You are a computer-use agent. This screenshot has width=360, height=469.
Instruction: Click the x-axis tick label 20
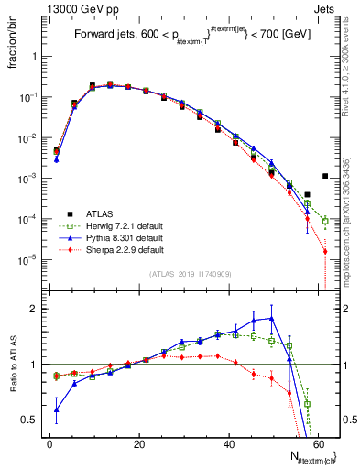[139, 443]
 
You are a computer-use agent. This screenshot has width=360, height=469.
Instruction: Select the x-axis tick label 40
[229, 443]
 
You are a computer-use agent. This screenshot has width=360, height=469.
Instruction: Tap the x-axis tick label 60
[318, 443]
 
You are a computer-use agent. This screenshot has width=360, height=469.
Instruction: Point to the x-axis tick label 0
[49, 443]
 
